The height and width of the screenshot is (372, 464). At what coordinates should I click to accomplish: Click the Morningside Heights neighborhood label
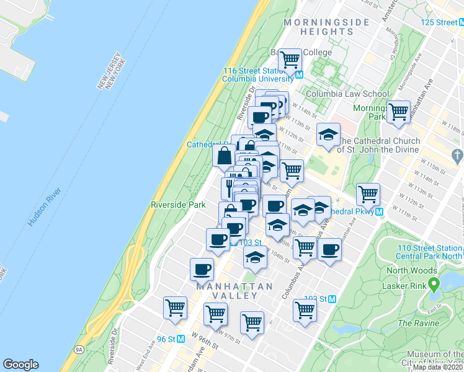[x=326, y=27]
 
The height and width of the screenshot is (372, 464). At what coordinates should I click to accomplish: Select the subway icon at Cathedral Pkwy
[x=378, y=212]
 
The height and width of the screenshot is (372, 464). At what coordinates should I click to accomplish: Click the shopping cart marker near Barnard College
[x=290, y=60]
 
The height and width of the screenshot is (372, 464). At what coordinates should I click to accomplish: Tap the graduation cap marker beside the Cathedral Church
[x=329, y=133]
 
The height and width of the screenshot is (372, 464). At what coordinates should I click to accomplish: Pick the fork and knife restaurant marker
[x=229, y=187]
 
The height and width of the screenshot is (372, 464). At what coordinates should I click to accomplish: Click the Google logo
[x=20, y=365]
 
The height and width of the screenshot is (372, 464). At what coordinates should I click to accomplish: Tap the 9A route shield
[x=79, y=350]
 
